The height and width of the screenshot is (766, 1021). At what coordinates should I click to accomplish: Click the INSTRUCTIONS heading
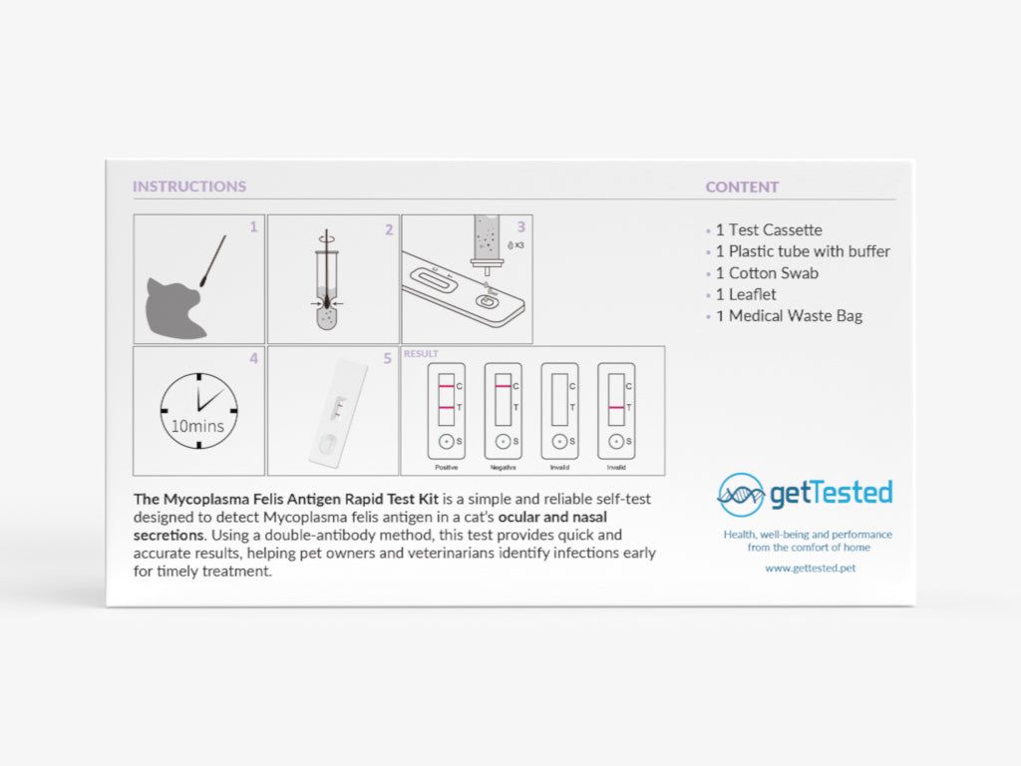coord(189,187)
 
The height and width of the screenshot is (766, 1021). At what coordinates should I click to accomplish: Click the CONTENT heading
coord(742,187)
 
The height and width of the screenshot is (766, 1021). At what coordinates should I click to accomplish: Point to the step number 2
coord(389,229)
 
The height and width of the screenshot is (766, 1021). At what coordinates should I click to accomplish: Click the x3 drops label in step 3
coord(515,244)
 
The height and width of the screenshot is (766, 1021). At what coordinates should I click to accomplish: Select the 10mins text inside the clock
coord(198,426)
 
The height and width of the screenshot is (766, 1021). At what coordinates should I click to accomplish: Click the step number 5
coord(388,359)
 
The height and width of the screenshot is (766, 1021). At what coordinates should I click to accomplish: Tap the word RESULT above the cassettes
coord(421,354)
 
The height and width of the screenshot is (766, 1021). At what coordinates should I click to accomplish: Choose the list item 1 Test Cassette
coord(768,229)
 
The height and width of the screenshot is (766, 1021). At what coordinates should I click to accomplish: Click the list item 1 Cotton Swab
coord(766,273)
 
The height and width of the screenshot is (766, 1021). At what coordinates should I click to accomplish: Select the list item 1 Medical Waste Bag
coord(788,316)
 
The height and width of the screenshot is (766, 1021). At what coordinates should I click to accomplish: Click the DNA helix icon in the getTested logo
coord(741,494)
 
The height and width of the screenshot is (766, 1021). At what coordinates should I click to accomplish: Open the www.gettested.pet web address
coord(810,568)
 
